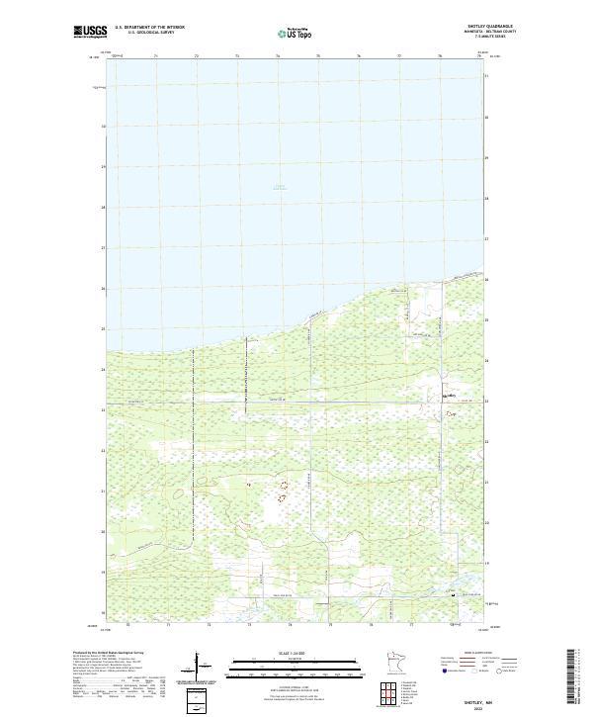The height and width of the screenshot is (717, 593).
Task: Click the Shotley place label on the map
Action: coord(451,396)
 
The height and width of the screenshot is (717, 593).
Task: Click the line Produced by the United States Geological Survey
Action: coord(109,653)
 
